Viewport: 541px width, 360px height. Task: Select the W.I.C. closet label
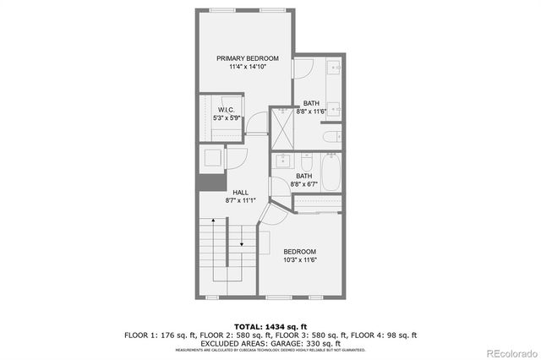tap(226, 110)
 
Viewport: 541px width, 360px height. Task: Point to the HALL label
tap(241, 193)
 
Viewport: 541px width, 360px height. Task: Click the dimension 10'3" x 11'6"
tap(299, 260)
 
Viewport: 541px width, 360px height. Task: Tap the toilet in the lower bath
tap(306, 161)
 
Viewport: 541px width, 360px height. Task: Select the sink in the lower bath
tap(283, 161)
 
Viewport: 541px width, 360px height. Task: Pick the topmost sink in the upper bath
tap(335, 68)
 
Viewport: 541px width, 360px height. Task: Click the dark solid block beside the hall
tap(209, 183)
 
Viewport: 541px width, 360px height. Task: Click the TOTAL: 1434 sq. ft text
tap(270, 326)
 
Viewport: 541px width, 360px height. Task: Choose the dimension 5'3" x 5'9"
tap(226, 118)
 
